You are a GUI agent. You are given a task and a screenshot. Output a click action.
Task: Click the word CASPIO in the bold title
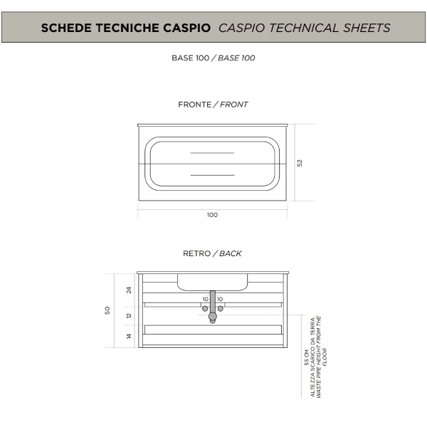186,28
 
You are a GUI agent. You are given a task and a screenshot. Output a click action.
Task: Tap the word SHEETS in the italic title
367,28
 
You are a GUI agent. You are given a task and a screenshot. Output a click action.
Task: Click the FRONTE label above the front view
195,105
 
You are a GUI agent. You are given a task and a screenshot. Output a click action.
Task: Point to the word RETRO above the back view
197,253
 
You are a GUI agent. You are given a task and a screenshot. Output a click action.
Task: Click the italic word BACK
231,253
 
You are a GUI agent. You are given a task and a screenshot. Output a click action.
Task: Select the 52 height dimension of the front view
300,163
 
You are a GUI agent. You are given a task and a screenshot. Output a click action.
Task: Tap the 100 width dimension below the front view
212,215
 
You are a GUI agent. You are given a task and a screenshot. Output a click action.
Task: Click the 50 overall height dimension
107,310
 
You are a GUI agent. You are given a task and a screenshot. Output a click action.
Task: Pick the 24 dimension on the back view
129,290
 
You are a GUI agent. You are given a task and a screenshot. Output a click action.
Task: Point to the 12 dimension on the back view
129,315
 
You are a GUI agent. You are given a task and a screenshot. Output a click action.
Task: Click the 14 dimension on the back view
129,337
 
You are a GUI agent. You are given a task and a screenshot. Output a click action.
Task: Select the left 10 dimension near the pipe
206,299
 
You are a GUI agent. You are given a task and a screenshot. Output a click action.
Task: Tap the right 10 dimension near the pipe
220,299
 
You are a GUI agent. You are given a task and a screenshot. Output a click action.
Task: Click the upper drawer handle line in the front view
212,153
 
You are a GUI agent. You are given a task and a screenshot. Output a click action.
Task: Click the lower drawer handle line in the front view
212,175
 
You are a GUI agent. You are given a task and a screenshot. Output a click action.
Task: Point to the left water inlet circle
205,309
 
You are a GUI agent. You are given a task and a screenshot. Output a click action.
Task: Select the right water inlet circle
221,309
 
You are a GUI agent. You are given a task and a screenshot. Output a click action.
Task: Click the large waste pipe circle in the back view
213,317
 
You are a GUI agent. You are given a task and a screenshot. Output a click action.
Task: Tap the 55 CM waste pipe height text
307,357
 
